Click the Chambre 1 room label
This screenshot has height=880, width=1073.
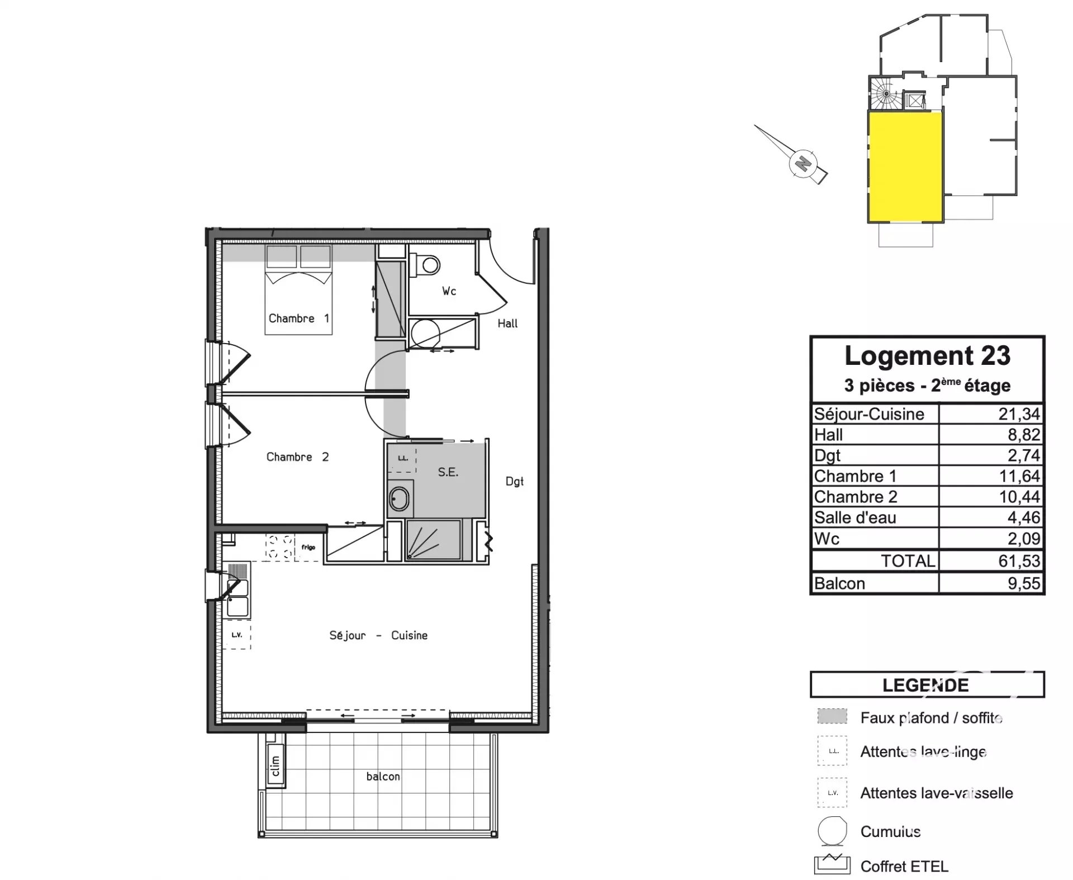pyautogui.click(x=298, y=318)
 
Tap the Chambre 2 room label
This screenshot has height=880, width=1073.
pyautogui.click(x=297, y=457)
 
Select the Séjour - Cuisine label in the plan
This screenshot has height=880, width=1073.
pyautogui.click(x=378, y=635)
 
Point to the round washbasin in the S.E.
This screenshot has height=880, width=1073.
pyautogui.click(x=398, y=498)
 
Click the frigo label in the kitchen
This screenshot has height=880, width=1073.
pyautogui.click(x=308, y=548)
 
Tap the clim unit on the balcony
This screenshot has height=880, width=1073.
pyautogui.click(x=275, y=765)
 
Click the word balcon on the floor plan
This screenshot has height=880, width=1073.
pyautogui.click(x=383, y=777)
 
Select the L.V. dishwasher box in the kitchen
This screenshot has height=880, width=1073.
pyautogui.click(x=237, y=635)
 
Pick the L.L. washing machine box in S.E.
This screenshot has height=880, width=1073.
pyautogui.click(x=402, y=459)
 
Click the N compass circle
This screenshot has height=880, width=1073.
pyautogui.click(x=803, y=164)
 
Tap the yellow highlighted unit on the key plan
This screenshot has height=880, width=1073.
pyautogui.click(x=905, y=167)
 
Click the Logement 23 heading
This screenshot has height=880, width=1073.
pyautogui.click(x=927, y=356)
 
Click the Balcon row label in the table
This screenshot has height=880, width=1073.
pyautogui.click(x=839, y=583)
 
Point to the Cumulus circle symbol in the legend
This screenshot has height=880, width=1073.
pyautogui.click(x=832, y=831)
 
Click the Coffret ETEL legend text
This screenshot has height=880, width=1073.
pyautogui.click(x=904, y=867)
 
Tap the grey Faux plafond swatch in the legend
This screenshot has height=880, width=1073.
pyautogui.click(x=832, y=716)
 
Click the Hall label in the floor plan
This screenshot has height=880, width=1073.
pyautogui.click(x=507, y=324)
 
